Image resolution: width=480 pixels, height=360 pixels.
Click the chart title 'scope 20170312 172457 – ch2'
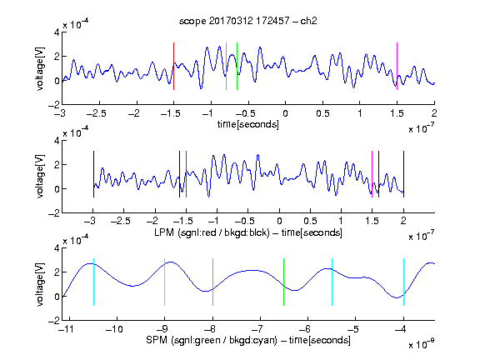pos(248,21)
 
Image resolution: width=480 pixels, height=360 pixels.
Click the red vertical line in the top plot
pos(173,66)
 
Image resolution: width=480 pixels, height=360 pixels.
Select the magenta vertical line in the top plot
pos(397,66)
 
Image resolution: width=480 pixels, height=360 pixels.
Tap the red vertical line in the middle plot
pos(186,174)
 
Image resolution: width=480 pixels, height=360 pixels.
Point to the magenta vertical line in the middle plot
pos(372,174)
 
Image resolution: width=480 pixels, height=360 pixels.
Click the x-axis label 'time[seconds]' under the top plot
pos(248,124)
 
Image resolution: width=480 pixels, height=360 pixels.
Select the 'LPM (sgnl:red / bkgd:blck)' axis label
pos(212,232)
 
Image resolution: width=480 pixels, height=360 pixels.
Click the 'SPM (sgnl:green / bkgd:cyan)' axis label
pos(212,340)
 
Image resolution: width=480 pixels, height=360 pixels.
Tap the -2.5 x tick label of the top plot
pos(97,113)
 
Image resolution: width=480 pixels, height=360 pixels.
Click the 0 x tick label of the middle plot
pos(279,221)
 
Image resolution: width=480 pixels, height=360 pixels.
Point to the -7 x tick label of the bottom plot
pos(257,329)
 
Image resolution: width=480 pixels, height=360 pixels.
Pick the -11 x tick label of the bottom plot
pos(67,329)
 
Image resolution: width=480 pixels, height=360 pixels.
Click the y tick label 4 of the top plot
pos(57,32)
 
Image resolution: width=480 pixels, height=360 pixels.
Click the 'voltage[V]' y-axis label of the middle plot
pos(40,177)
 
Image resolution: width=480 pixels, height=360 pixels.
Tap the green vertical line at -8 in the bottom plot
pos(212,282)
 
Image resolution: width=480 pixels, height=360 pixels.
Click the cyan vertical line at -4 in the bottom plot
pos(403,282)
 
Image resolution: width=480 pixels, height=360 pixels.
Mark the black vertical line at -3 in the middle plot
pos(93,174)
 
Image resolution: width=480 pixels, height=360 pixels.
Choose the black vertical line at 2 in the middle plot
pos(403,174)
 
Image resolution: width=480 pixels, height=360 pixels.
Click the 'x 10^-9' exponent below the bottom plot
pos(422,344)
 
